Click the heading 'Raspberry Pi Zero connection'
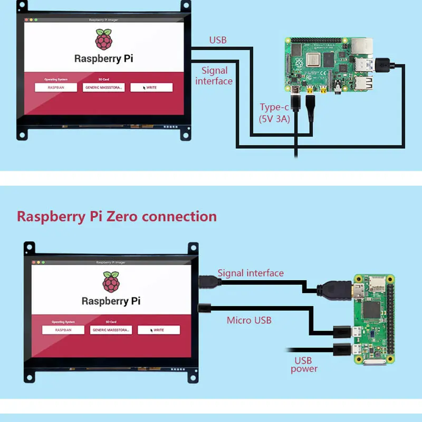coord(117,216)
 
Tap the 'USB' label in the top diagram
coord(218,40)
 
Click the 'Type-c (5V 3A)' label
coord(274,113)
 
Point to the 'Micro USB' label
coord(249,320)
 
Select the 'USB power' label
coord(304,365)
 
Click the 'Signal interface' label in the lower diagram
coord(251,273)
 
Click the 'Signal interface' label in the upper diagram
coord(214,75)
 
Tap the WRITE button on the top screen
coord(151,88)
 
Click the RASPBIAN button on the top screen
coord(56,88)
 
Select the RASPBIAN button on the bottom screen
coord(63,330)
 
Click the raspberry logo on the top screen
coord(103,41)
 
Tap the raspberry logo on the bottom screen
coord(111,282)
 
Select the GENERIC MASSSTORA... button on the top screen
coord(103,88)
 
